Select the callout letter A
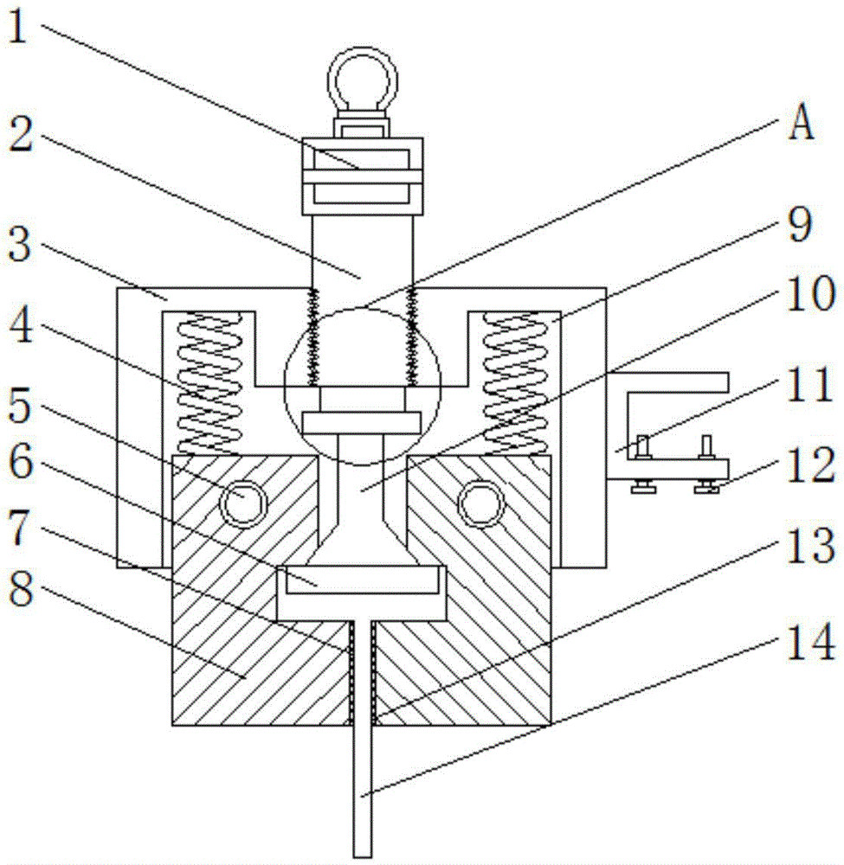point(801,123)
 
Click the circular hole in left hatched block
point(243,503)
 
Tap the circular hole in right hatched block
point(481,503)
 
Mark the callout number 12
point(809,465)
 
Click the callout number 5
point(21,406)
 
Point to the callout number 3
point(21,245)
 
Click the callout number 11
point(809,385)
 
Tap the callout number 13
point(809,545)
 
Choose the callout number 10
point(809,294)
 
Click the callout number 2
point(21,134)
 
